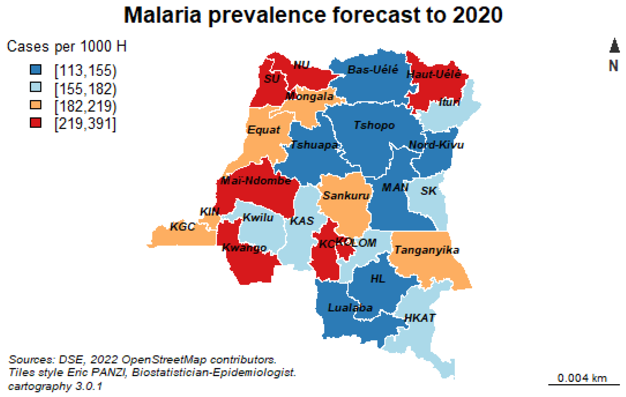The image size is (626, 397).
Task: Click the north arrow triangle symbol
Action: point(614,46)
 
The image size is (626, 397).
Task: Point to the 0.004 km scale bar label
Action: point(582,378)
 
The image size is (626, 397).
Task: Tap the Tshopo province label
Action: point(374,125)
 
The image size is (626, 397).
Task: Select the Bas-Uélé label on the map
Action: point(373,69)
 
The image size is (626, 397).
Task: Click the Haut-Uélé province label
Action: point(434,74)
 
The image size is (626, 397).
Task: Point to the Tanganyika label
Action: point(427,250)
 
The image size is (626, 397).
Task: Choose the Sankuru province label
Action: point(346,196)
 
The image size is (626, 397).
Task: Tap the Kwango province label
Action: point(244,248)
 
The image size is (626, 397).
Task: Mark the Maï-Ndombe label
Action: point(255,181)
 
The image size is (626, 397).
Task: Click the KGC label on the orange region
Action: point(182,227)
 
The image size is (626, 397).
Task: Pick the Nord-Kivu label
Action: point(436,145)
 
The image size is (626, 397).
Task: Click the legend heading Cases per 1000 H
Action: point(66,47)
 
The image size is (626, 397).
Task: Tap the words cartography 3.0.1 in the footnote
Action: point(55,386)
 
